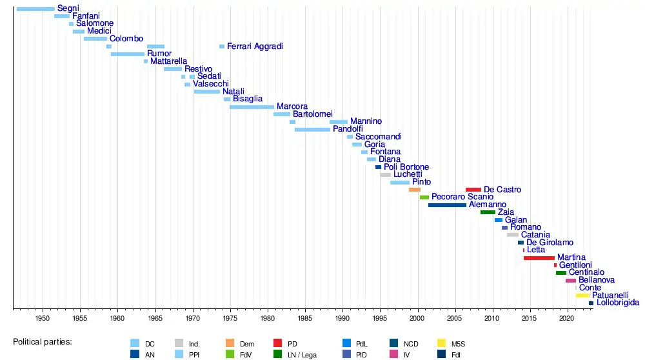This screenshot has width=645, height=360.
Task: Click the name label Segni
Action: click(68, 8)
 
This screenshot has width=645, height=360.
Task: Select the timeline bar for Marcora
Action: click(252, 106)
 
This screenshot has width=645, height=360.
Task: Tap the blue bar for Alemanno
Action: click(447, 205)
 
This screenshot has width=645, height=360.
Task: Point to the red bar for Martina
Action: click(539, 258)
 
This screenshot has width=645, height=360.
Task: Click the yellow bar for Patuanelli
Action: click(582, 295)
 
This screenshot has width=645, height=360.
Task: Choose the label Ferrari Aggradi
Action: click(255, 46)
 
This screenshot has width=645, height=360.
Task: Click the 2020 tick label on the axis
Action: click(567, 318)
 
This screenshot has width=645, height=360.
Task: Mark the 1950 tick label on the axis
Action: click(43, 318)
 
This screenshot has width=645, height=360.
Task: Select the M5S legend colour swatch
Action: click(441, 343)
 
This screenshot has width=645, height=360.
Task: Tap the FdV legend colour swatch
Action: click(230, 354)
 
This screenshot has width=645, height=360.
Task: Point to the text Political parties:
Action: click(43, 341)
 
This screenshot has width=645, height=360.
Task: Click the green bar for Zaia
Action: click(488, 212)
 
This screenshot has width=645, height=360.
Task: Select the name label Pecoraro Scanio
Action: click(462, 197)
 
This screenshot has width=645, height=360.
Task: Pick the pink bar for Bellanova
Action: click(571, 281)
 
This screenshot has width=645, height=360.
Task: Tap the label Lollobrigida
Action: click(618, 303)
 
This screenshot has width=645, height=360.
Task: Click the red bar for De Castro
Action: click(473, 190)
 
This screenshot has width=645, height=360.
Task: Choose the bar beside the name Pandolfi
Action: click(312, 130)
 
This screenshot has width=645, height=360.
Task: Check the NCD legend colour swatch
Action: click(394, 343)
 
